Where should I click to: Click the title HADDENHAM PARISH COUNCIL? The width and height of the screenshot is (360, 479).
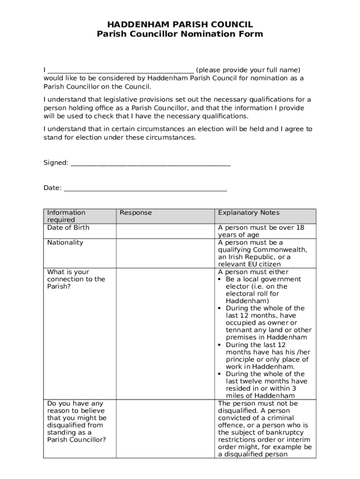[180, 24]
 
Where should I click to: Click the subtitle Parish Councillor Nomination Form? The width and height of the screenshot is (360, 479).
[180, 34]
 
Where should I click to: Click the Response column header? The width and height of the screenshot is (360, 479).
[136, 213]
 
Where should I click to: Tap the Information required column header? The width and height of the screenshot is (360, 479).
[66, 216]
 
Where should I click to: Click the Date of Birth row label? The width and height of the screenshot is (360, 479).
[68, 228]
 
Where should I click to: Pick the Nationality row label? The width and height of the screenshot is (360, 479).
[65, 242]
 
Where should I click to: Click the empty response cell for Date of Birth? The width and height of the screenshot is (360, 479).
[165, 231]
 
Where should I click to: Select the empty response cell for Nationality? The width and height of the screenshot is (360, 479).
[165, 253]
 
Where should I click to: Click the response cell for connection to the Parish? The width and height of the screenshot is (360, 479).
[165, 334]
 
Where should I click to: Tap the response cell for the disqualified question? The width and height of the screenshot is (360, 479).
[165, 429]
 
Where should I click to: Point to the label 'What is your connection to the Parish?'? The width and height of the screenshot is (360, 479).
[76, 279]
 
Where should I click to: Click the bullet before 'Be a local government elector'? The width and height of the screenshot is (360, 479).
[220, 279]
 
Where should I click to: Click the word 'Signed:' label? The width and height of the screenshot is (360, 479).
[56, 163]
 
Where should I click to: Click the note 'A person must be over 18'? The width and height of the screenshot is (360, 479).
[261, 228]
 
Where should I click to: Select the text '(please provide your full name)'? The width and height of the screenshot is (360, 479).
[248, 70]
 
